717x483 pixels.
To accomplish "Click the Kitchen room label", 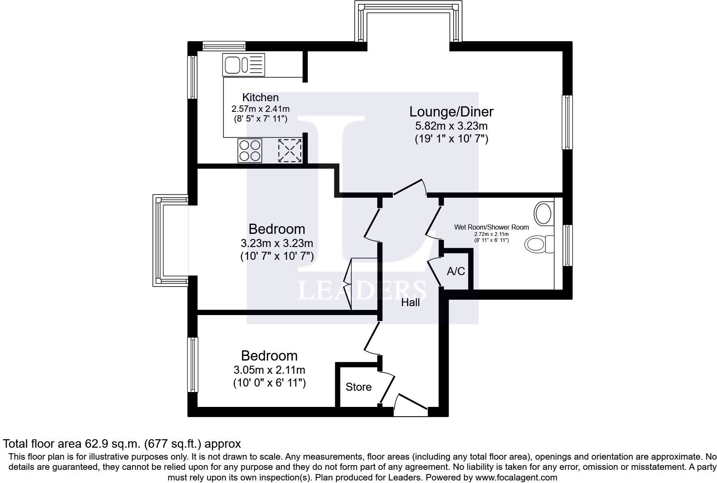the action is coord(260,97).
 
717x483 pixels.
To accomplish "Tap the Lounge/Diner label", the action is coord(452,111).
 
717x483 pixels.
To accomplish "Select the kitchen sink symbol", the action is coord(243,65).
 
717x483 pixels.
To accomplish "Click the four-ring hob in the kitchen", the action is coord(250,151).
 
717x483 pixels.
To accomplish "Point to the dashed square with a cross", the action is coord(290,151).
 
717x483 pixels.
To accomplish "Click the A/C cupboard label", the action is coord(456,271).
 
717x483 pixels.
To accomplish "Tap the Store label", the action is coord(358,387).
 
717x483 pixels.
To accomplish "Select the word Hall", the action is coord(410,302).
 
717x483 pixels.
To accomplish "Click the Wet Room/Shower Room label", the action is coord(491,227).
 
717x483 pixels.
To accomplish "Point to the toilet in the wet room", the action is coord(539,244).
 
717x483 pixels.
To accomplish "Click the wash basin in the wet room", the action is coord(544,213).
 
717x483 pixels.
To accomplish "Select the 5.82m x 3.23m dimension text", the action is coord(452,125).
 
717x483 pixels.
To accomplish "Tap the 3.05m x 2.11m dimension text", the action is coord(269,370).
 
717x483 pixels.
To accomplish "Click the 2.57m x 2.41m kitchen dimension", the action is coord(260,109).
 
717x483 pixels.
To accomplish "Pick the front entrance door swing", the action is coord(410,405).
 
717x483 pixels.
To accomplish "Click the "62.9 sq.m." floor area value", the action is coord(113,444).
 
